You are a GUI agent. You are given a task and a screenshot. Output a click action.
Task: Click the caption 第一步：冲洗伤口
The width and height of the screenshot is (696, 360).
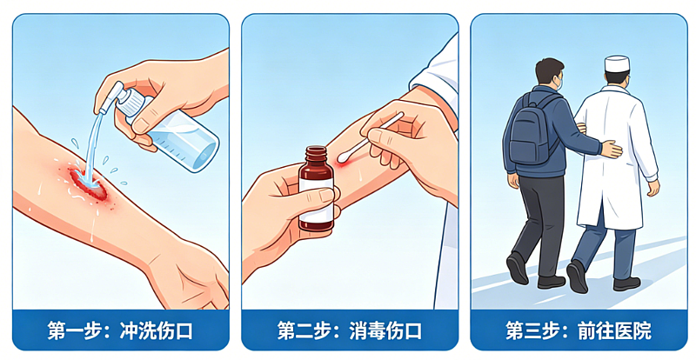120,330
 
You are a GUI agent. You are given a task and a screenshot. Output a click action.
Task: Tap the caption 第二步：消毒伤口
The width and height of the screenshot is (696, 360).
350,330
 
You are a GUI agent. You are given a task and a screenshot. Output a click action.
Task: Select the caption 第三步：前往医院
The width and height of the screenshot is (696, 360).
579,330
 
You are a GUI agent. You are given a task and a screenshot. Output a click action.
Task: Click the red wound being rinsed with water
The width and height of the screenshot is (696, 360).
88,182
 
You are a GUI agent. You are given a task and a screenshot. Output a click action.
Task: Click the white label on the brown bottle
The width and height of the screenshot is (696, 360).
316,201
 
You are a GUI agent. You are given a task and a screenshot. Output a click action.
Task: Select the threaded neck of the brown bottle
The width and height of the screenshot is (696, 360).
316,154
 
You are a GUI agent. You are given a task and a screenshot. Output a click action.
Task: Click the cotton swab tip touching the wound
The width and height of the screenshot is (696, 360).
344,157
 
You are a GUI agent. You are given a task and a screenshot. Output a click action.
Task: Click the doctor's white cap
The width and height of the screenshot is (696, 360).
617,64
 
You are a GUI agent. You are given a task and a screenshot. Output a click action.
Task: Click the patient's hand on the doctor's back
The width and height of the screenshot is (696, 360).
611,149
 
